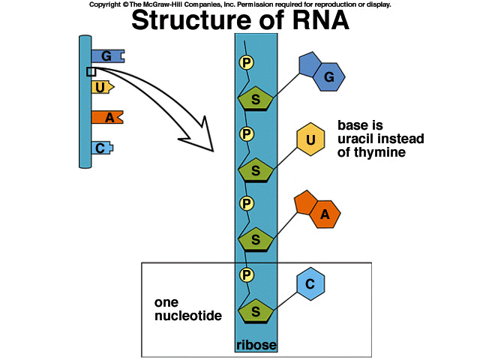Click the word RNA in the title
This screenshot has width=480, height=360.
coord(320,20)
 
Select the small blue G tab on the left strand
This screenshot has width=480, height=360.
coord(108,56)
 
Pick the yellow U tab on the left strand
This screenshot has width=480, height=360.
coord(103,87)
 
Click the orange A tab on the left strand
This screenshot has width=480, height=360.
coord(107,117)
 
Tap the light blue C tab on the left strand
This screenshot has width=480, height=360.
coord(102,148)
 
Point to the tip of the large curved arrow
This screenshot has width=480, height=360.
coord(213,151)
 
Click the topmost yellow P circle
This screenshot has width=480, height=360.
coord(247,63)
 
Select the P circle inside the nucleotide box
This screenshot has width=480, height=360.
coord(247,274)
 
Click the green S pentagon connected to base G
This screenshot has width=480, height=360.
coord(256,98)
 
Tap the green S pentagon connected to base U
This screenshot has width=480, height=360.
coord(256,170)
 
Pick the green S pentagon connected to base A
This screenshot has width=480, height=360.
coord(256,239)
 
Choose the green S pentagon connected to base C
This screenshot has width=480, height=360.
coord(256,311)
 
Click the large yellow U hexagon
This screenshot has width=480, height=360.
coord(310,139)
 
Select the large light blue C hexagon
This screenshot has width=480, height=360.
coord(310,283)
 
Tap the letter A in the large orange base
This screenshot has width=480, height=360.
coord(325,214)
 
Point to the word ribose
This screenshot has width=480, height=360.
coord(256,345)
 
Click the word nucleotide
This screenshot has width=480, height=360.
coord(188,316)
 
